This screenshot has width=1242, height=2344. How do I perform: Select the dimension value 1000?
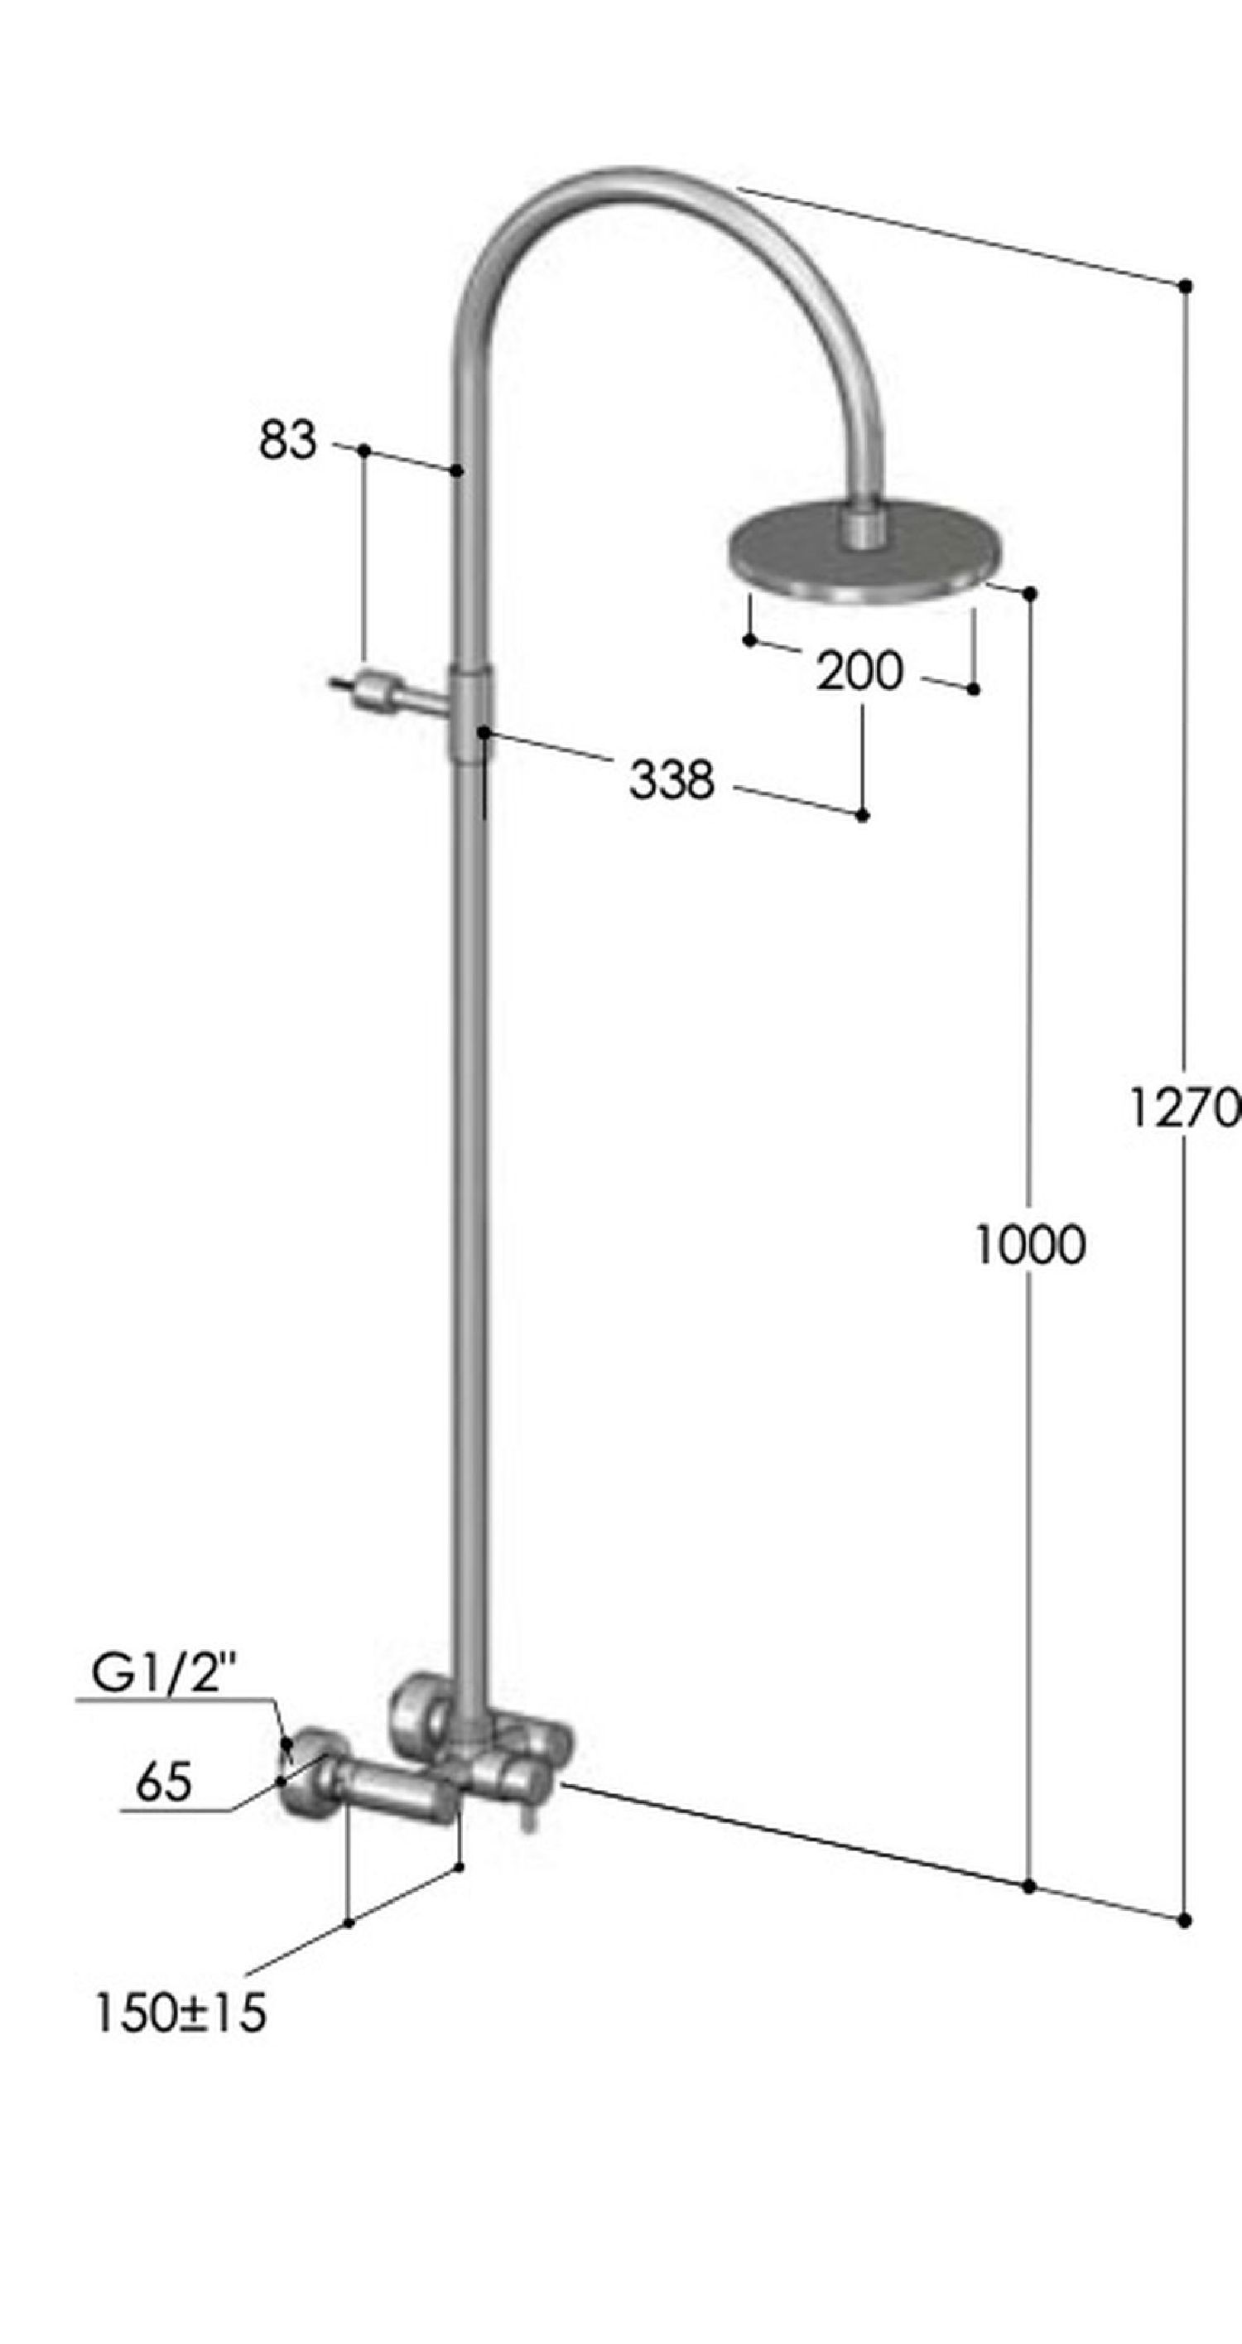pos(1030,1244)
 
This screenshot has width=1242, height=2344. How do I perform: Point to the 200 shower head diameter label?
pos(859,672)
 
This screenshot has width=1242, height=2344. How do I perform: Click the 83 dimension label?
pos(287,440)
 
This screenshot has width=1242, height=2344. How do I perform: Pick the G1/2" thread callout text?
pos(164,1672)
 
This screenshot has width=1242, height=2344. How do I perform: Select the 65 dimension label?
pos(164,1782)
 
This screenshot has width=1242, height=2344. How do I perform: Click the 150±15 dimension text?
pos(181,2012)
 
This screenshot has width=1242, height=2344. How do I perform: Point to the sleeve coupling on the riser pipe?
pos(471,712)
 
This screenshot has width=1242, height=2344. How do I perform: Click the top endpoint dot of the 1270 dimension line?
pos(1185,286)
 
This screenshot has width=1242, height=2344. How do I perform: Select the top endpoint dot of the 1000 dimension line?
pos(1030,593)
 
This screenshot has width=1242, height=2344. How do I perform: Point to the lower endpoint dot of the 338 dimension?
pos(863,815)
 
